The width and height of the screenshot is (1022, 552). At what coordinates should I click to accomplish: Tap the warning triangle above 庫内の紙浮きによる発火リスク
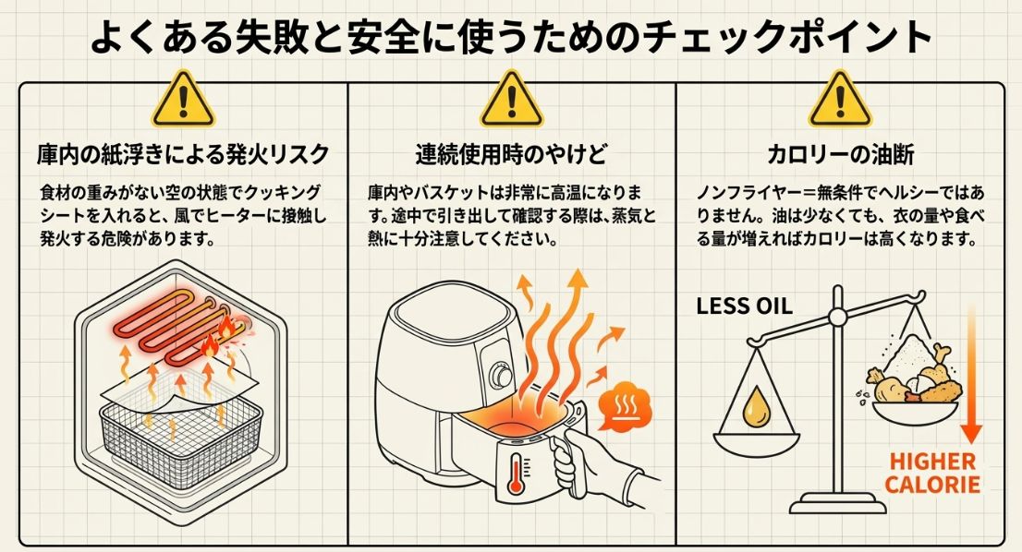point(183,101)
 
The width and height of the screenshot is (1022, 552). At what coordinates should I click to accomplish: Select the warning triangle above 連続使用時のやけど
point(511,101)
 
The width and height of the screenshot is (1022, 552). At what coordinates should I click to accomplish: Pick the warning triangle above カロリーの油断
point(840,101)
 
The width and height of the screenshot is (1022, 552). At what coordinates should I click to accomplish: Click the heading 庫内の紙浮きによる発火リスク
point(183,152)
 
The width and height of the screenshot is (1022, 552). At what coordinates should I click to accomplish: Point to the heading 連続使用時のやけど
point(511,152)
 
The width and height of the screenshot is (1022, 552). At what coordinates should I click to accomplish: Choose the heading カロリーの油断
point(840,152)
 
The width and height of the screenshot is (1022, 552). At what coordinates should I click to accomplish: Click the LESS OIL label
point(744,306)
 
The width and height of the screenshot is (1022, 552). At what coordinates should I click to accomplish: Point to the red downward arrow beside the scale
point(971,369)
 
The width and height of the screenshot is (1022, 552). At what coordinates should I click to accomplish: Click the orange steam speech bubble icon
point(626,407)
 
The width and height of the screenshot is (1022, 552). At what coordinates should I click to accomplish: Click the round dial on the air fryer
point(502,376)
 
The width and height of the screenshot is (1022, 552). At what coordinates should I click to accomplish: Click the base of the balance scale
point(839,504)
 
